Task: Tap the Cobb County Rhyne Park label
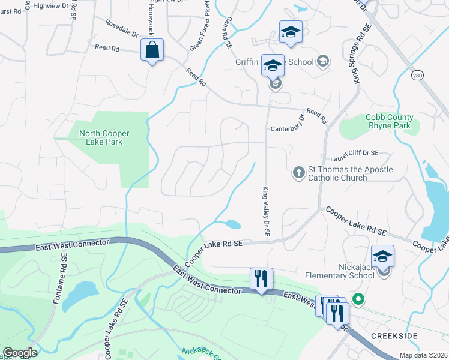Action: click(x=389, y=122)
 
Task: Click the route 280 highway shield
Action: click(x=418, y=74)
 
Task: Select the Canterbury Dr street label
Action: click(x=288, y=128)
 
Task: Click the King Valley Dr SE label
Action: click(x=266, y=211)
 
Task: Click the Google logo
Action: click(x=20, y=353)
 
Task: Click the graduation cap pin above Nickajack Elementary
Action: click(x=382, y=256)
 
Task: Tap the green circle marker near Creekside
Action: click(x=359, y=298)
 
